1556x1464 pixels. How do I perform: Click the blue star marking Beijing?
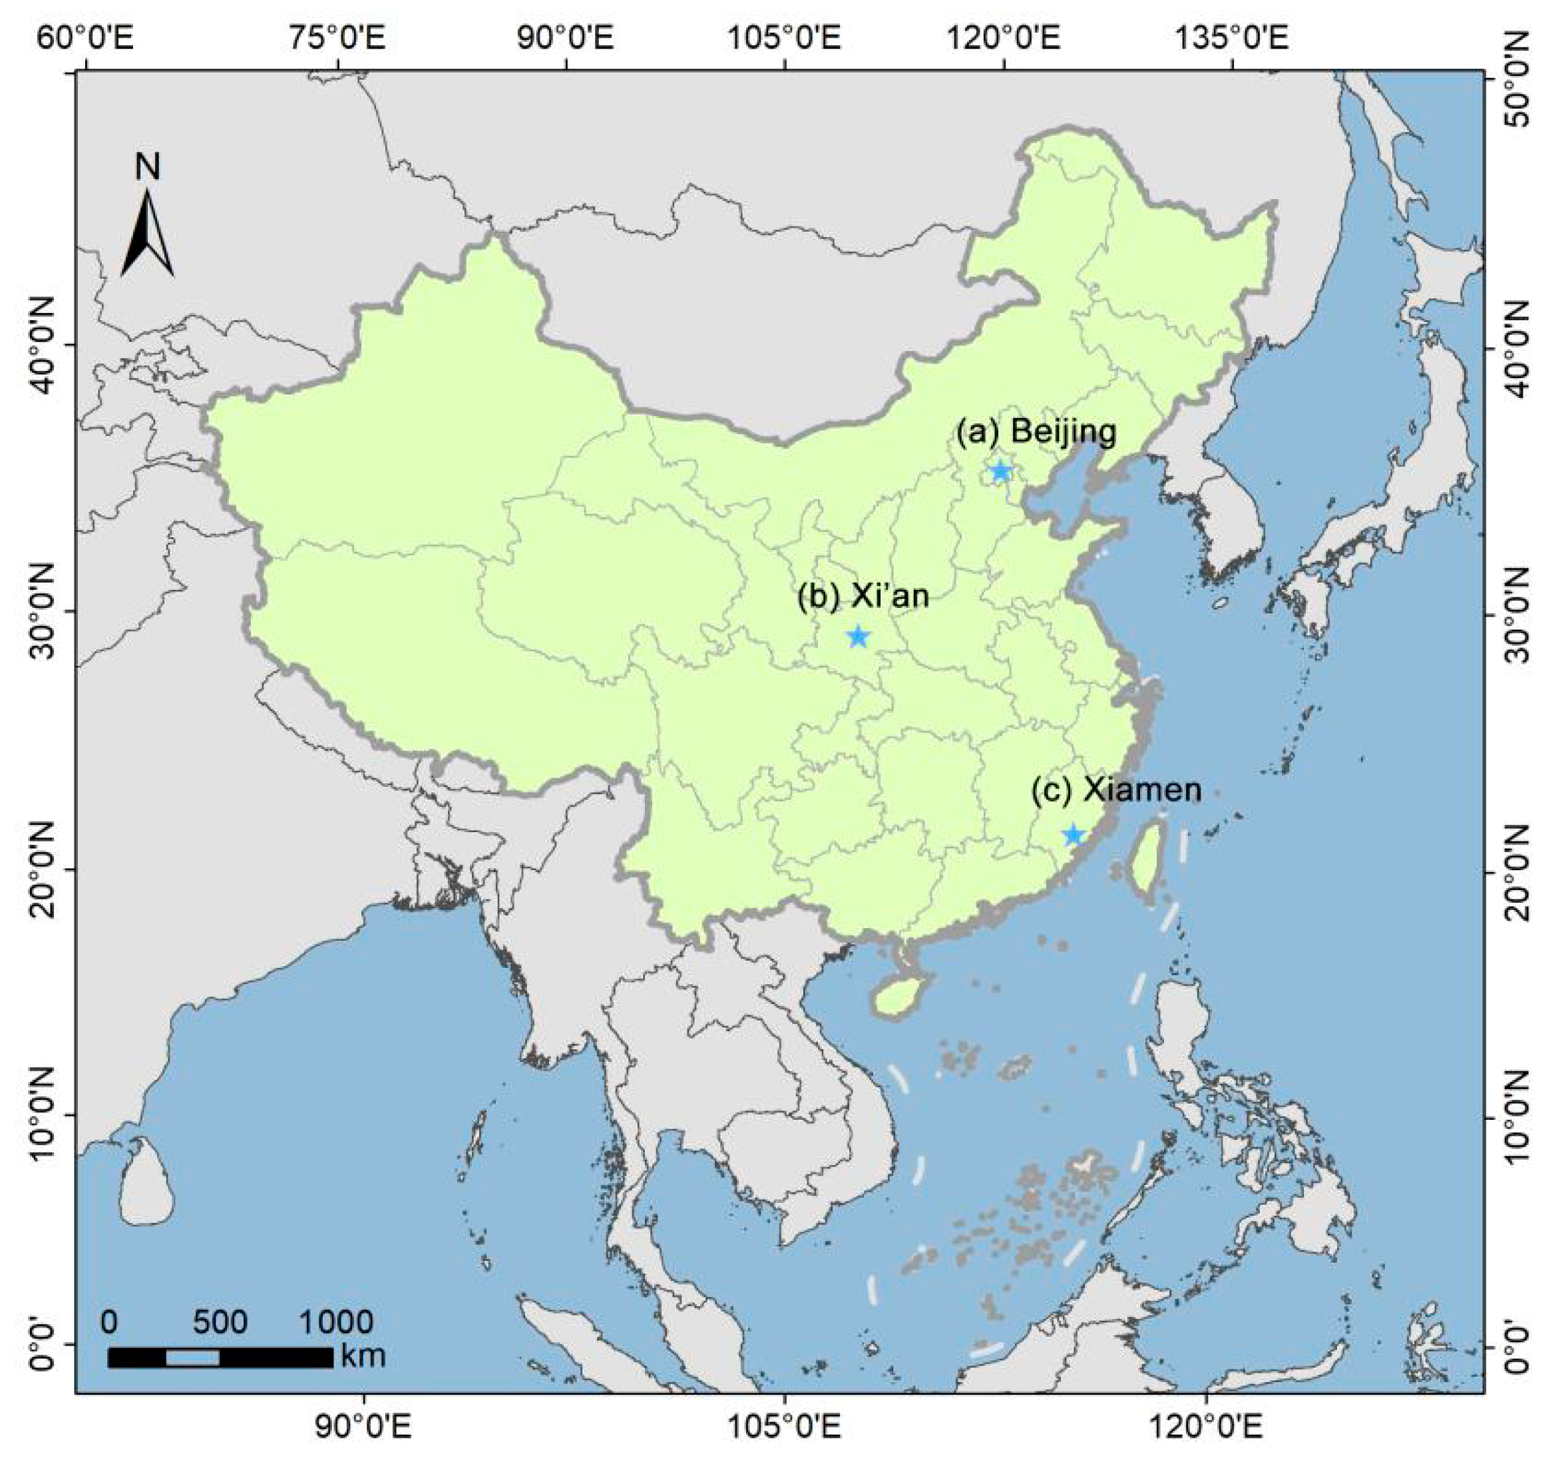(x=1000, y=472)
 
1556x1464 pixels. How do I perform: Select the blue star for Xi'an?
(x=859, y=636)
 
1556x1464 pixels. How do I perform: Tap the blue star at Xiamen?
(x=1073, y=836)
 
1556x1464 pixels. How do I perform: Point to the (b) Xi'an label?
(x=863, y=597)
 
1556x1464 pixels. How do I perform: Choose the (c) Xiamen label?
(x=1116, y=790)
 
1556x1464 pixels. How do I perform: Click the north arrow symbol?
(x=147, y=235)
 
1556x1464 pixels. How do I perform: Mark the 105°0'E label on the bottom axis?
(x=783, y=1429)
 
